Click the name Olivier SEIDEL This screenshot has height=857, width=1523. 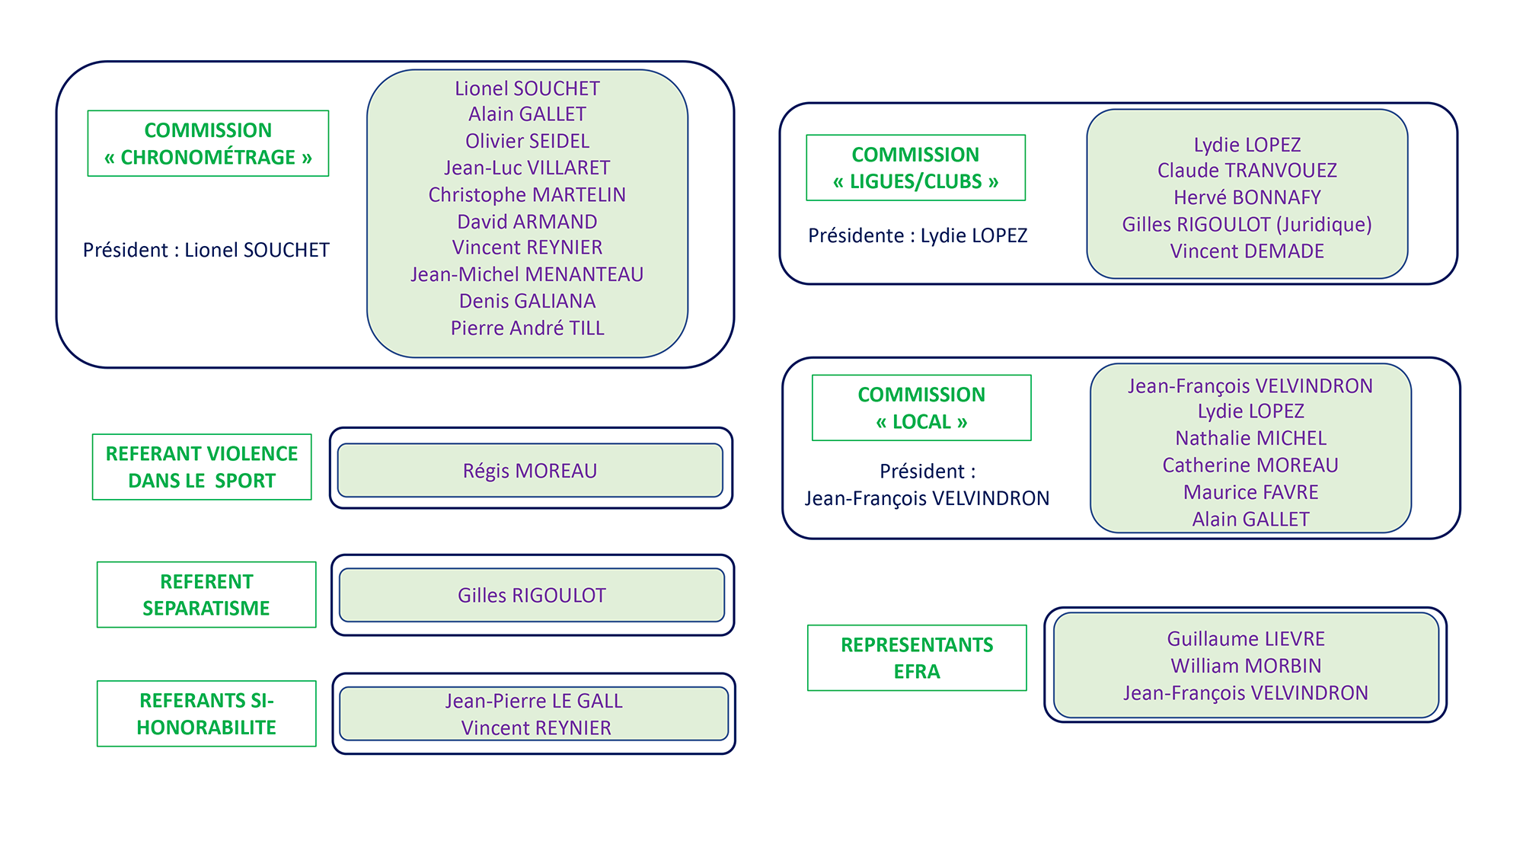tap(527, 141)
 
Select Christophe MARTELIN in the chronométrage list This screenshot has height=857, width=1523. tap(527, 195)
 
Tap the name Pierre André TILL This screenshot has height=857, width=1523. tap(527, 328)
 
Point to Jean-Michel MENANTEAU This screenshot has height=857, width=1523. tap(527, 274)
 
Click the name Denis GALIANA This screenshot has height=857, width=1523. tap(527, 301)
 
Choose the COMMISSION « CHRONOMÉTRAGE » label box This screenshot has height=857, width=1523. tap(208, 143)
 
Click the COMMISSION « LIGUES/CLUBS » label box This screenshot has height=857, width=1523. tap(915, 168)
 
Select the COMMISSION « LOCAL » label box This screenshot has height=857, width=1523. tap(921, 408)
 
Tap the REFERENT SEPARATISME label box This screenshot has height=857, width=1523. tap(206, 595)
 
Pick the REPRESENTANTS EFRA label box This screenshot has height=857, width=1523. tap(917, 658)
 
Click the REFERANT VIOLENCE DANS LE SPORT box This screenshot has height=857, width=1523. tap(202, 467)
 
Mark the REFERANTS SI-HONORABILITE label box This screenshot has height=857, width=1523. tap(206, 714)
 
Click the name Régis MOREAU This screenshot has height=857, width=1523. tap(530, 471)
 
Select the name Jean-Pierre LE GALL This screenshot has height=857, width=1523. tap(534, 701)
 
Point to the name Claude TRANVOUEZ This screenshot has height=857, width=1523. tap(1247, 171)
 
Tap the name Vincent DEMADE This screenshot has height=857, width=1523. tap(1247, 251)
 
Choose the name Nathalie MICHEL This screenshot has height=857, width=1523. tap(1250, 438)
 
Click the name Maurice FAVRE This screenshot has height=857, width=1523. tap(1250, 492)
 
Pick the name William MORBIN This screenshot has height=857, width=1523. tap(1246, 666)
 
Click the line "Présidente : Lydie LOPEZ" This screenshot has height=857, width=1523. tap(918, 235)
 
